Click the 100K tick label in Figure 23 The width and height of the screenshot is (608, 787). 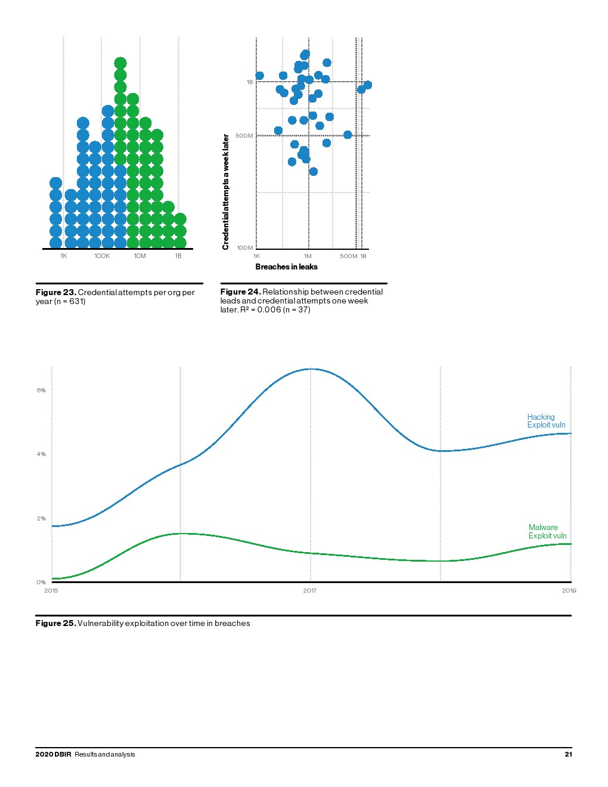click(102, 256)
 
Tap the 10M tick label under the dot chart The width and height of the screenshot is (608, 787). click(139, 256)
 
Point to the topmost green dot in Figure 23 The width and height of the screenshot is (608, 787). click(120, 63)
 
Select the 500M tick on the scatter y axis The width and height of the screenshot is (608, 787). click(244, 136)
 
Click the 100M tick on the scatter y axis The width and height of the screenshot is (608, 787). click(244, 247)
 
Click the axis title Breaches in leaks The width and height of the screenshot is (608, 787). click(286, 267)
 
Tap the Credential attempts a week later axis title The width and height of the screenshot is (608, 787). click(226, 191)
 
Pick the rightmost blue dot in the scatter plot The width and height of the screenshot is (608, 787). click(367, 85)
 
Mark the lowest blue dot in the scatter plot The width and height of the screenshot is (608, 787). click(313, 172)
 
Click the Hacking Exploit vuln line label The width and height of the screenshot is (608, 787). click(545, 421)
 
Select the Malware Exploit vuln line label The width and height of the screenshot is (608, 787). click(547, 531)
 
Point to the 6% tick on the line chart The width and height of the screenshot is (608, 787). click(41, 390)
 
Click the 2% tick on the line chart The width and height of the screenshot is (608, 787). click(41, 518)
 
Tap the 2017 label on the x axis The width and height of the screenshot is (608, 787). click(309, 590)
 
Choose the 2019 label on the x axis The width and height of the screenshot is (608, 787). click(569, 590)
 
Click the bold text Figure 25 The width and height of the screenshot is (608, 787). click(55, 623)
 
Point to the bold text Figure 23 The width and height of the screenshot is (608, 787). click(55, 292)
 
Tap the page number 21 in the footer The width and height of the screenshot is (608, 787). click(568, 754)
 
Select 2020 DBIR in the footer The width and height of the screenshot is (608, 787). click(53, 754)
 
